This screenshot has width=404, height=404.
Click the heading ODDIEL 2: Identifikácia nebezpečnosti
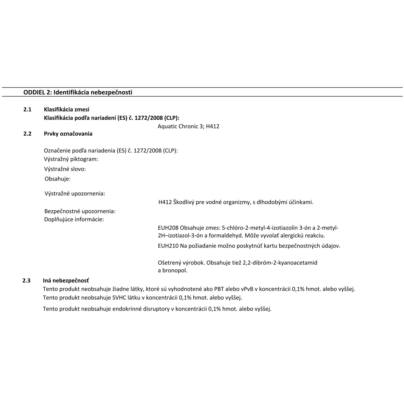[78, 92]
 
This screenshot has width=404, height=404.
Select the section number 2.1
[27, 109]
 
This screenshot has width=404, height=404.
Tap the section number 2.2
[27, 134]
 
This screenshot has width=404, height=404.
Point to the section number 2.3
[26, 281]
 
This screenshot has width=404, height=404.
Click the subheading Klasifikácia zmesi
[67, 109]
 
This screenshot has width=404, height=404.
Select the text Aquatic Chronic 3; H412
[188, 126]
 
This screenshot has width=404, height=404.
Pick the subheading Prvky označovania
[68, 134]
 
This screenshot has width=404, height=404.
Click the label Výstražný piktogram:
[71, 159]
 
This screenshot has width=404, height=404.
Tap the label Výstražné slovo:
[65, 169]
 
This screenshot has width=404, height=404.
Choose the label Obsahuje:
[57, 179]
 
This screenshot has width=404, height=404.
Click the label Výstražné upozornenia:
[75, 193]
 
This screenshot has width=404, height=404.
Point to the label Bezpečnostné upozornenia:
[80, 211]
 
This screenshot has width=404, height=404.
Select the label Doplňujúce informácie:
[74, 219]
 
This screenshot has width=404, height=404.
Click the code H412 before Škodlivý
[165, 202]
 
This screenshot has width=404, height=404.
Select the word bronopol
[175, 270]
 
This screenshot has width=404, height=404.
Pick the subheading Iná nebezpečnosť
[66, 281]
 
